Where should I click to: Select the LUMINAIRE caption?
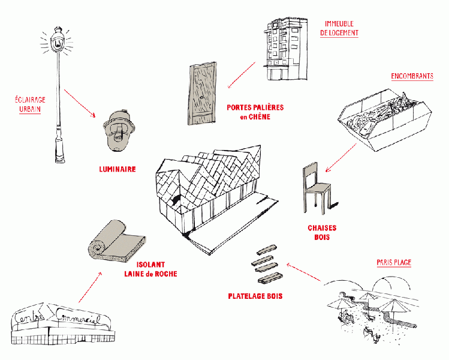point(117,170)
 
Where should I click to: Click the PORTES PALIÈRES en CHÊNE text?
point(255,112)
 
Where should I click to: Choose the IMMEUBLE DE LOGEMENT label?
point(339,28)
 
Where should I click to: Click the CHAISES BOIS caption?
point(322,233)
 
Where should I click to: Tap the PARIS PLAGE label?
point(394,263)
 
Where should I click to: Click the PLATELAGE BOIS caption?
point(255,296)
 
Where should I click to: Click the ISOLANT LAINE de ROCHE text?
point(150,269)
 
